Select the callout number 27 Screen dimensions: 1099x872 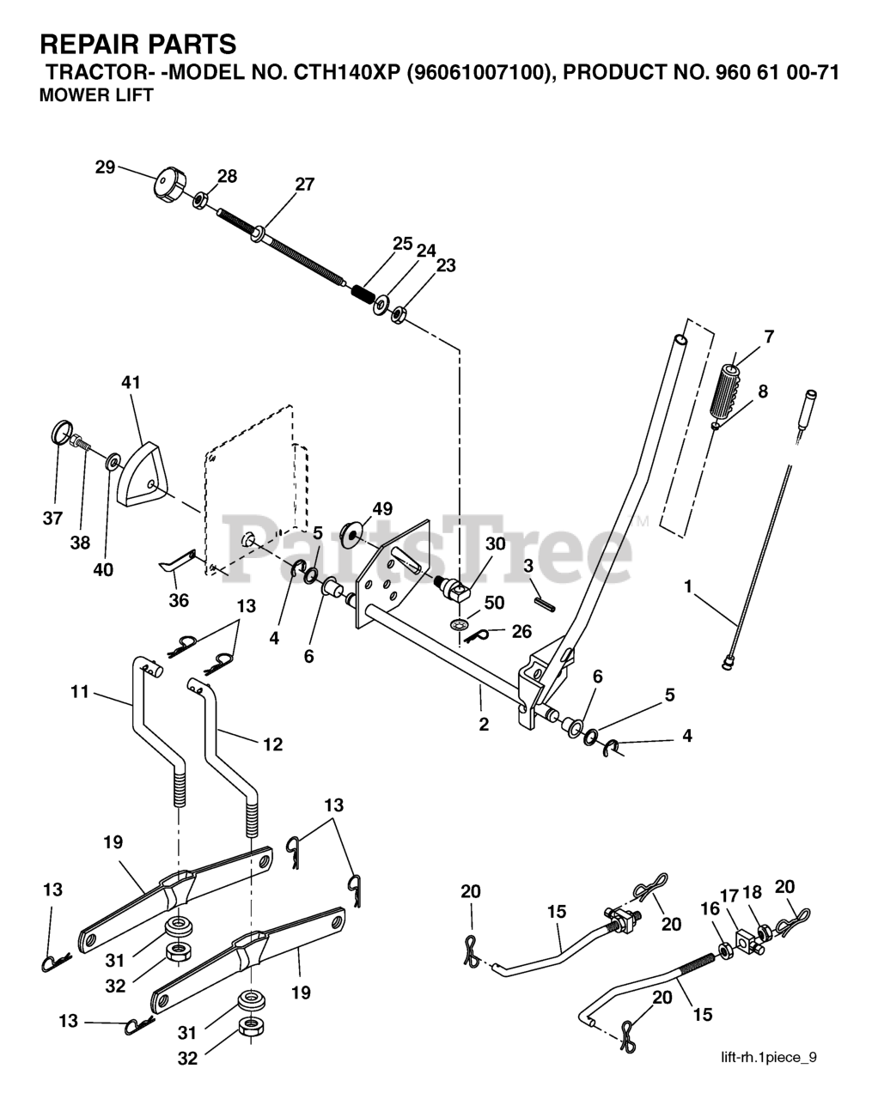[x=304, y=184]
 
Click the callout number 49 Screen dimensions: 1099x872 [x=382, y=509]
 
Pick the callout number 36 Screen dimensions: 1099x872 [x=179, y=600]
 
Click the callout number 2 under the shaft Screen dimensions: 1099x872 [x=484, y=725]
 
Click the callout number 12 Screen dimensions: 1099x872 [x=271, y=744]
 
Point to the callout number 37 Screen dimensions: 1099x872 [x=53, y=518]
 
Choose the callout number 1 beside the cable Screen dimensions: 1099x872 [x=687, y=586]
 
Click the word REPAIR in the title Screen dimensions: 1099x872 [x=91, y=45]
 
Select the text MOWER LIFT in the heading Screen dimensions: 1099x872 [x=96, y=96]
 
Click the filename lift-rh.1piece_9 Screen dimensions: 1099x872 [x=768, y=1057]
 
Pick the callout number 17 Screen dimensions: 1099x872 [x=729, y=896]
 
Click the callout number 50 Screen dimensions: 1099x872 [x=494, y=603]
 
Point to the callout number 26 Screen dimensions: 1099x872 [x=521, y=632]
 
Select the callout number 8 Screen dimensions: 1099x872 [x=762, y=392]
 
